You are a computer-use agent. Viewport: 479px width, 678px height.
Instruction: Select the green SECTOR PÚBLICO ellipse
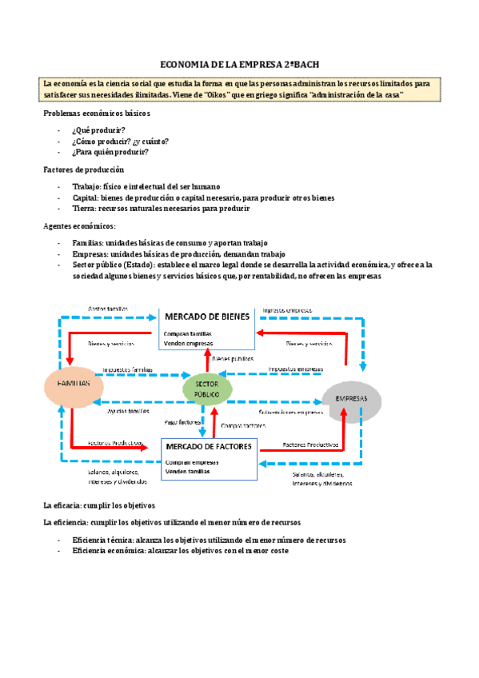[x=208, y=389]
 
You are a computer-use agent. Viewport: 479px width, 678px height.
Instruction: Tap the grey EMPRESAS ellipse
[x=351, y=399]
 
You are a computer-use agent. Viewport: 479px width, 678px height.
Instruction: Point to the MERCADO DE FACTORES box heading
[x=210, y=446]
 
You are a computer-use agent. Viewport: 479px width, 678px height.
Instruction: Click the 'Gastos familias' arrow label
[x=106, y=309]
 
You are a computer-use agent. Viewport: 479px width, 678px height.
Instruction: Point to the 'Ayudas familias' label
[x=128, y=411]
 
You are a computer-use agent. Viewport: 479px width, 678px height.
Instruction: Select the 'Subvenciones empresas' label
[x=289, y=413]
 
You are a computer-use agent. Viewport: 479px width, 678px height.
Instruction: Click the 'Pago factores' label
[x=182, y=421]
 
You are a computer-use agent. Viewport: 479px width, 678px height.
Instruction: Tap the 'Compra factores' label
[x=241, y=425]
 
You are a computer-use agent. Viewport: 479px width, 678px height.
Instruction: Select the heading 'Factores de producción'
[x=82, y=169]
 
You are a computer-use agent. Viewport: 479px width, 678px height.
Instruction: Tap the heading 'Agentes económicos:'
[x=78, y=226]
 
